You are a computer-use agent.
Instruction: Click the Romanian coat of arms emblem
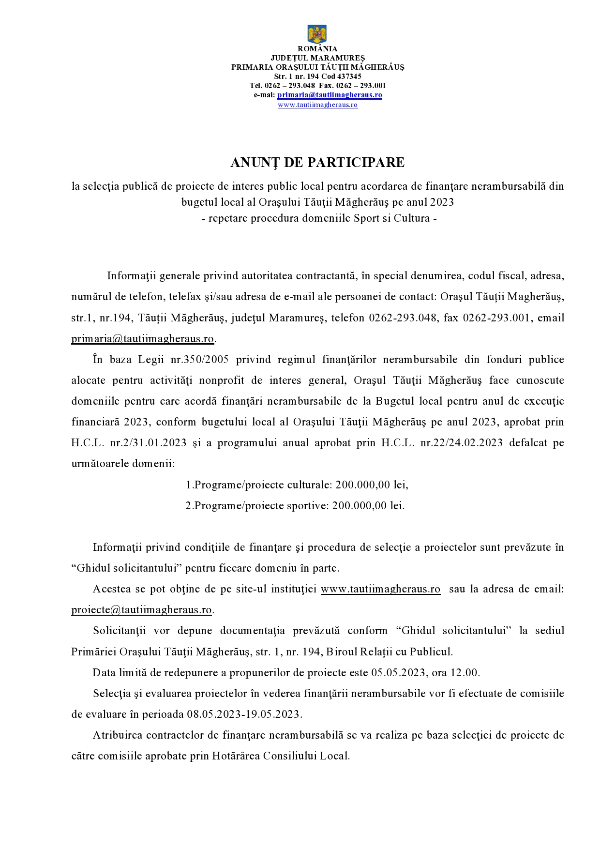317,34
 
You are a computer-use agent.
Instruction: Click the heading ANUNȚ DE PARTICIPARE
317,163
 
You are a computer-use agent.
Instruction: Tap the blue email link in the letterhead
330,95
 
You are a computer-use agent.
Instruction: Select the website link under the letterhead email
317,105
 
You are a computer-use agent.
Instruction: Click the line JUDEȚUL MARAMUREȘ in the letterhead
317,58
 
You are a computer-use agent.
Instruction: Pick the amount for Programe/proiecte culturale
372,485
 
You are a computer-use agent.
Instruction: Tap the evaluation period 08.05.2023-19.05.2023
244,714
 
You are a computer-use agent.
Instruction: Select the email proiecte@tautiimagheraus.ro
141,610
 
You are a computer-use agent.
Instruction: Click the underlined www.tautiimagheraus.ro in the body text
380,589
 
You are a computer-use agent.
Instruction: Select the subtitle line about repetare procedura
319,218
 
